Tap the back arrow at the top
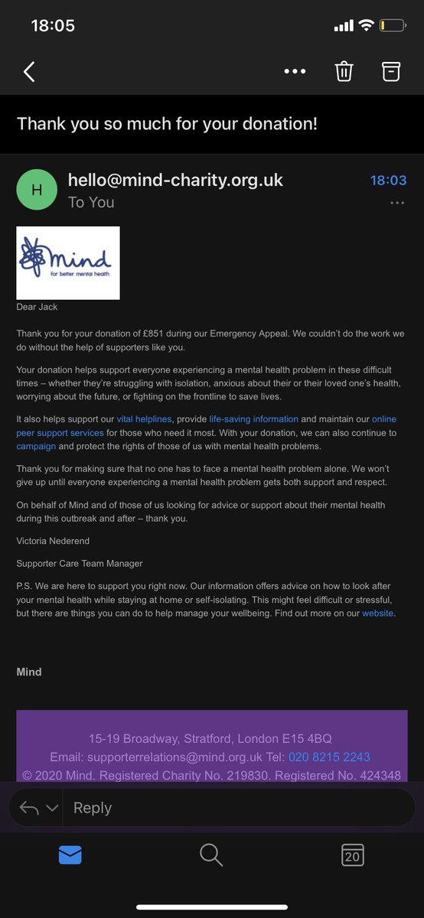pyautogui.click(x=29, y=72)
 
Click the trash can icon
pyautogui.click(x=344, y=71)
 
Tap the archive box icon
pyautogui.click(x=391, y=71)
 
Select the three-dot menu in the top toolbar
pyautogui.click(x=295, y=72)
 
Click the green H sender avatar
pyautogui.click(x=36, y=190)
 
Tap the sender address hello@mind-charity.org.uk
pyautogui.click(x=175, y=180)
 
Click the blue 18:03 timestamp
pyautogui.click(x=388, y=181)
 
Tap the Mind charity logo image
pyautogui.click(x=68, y=262)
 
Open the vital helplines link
pyautogui.click(x=144, y=419)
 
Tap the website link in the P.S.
pyautogui.click(x=378, y=614)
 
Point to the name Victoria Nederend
pyautogui.click(x=54, y=540)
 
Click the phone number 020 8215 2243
pyautogui.click(x=329, y=757)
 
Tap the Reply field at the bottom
pyautogui.click(x=230, y=808)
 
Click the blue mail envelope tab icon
pyautogui.click(x=70, y=855)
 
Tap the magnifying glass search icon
pyautogui.click(x=211, y=855)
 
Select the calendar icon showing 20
pyautogui.click(x=352, y=855)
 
